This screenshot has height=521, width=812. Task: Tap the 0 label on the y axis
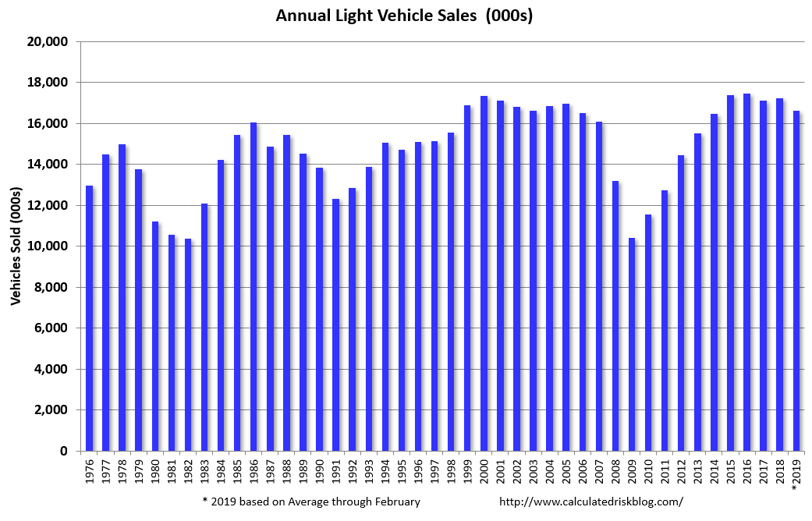click(65, 452)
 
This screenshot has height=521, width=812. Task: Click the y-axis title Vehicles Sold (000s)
click(15, 245)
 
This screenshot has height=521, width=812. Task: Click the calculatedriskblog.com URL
click(590, 502)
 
